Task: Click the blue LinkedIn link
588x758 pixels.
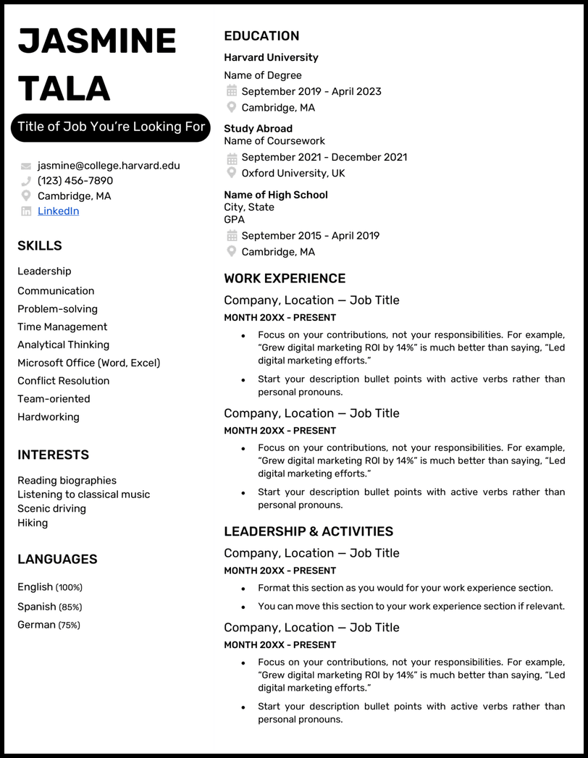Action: [58, 211]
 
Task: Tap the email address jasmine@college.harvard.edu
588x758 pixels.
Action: [109, 166]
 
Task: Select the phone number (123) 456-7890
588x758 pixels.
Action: [75, 181]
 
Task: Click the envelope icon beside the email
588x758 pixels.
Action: [26, 167]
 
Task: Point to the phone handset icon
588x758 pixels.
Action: [26, 181]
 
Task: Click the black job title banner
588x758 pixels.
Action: [111, 127]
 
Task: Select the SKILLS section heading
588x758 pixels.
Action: [40, 246]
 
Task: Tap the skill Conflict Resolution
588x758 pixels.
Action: [64, 381]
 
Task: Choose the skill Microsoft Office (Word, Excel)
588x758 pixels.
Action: [89, 363]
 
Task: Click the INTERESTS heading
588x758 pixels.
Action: [54, 455]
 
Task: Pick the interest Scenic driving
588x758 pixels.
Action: [51, 509]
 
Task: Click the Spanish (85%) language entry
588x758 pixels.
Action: [49, 607]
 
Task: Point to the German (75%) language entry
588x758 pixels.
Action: [49, 625]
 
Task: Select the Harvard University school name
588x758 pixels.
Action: [271, 58]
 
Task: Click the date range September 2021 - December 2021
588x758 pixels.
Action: [324, 157]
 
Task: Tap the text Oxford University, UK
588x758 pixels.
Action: [293, 174]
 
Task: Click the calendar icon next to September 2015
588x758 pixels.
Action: [232, 236]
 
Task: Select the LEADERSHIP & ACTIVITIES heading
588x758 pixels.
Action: [308, 531]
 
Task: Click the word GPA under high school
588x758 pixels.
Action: [234, 219]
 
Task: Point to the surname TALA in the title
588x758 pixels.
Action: [64, 88]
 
